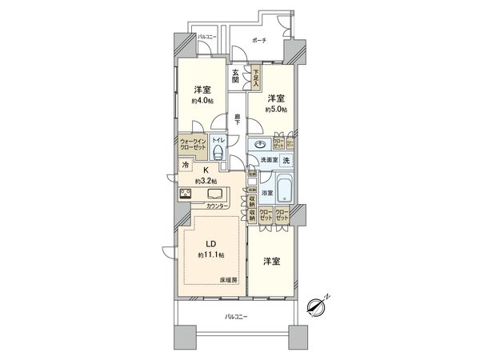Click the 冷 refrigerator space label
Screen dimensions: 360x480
pyautogui.click(x=186, y=165)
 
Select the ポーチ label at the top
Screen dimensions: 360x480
pyautogui.click(x=258, y=40)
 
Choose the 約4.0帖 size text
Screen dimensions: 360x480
pyautogui.click(x=201, y=102)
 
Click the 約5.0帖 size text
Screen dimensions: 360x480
pyautogui.click(x=277, y=109)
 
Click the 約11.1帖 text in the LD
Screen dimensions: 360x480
pyautogui.click(x=210, y=254)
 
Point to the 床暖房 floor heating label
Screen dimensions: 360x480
pyautogui.click(x=230, y=279)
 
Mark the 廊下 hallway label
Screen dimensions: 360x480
pyautogui.click(x=238, y=121)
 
